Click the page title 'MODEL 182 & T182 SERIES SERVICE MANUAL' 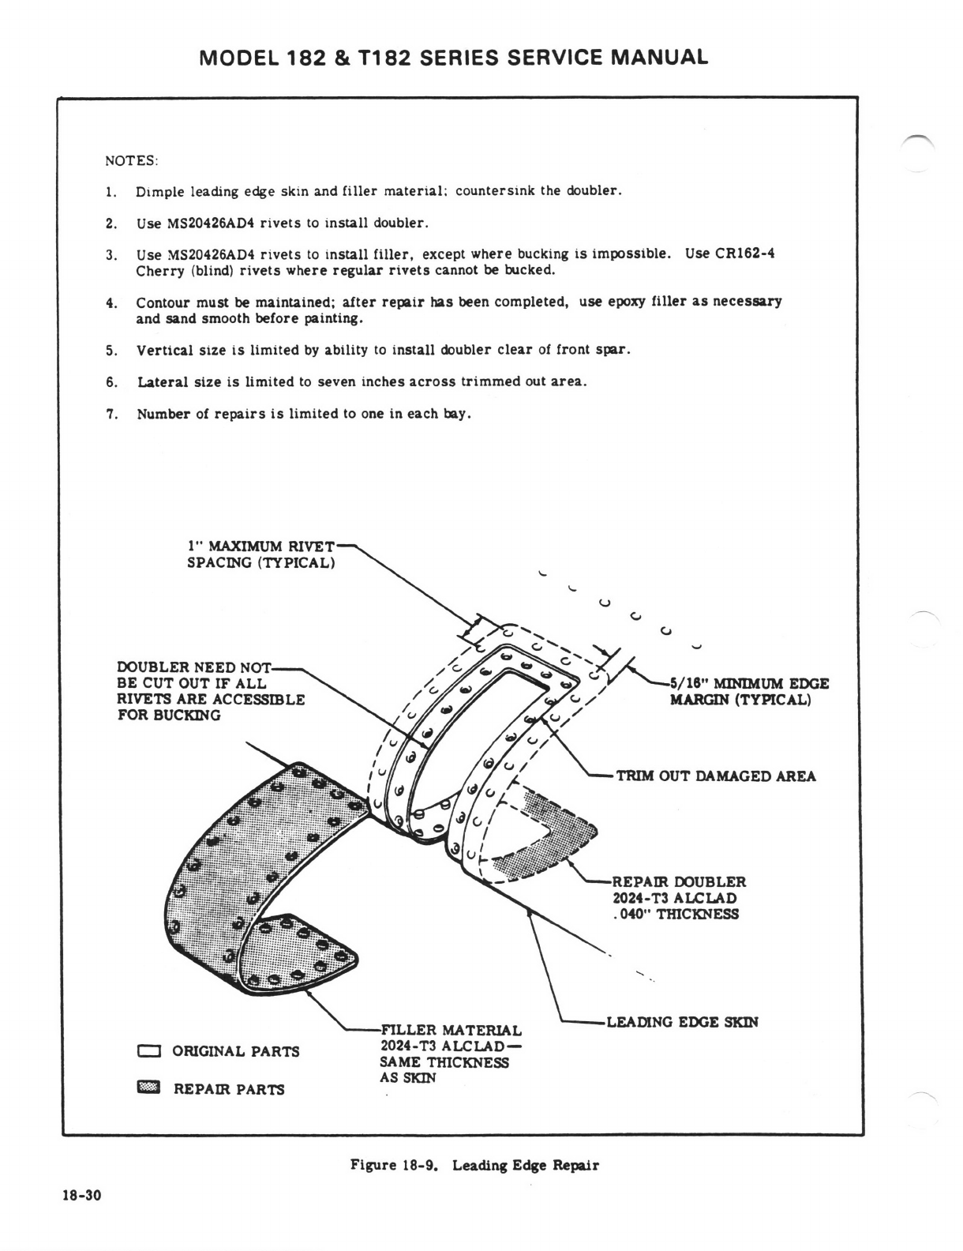(454, 58)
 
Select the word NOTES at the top (131, 161)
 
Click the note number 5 (111, 350)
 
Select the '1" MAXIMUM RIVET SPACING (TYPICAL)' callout (260, 554)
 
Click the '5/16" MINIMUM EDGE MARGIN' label (748, 692)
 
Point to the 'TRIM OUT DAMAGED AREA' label (715, 776)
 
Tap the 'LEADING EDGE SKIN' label (682, 1022)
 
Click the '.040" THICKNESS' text (675, 915)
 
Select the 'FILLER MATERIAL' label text (451, 1031)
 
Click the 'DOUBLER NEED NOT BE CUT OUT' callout (210, 691)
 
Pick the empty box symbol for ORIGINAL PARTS (148, 1051)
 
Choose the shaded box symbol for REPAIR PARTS (148, 1089)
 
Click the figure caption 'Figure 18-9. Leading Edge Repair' (474, 1166)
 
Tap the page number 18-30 (82, 1195)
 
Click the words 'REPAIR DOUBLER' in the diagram (679, 882)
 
